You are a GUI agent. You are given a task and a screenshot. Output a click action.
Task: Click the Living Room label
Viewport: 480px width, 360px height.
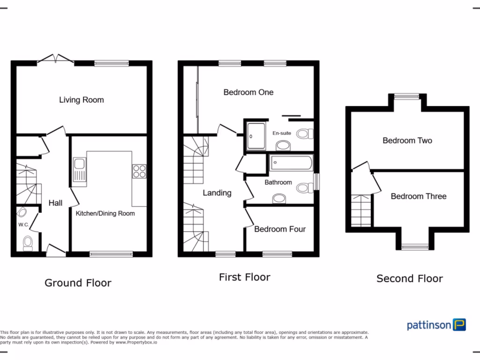[81, 100]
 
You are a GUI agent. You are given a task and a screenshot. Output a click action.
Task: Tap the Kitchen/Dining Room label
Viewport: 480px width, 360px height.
[105, 213]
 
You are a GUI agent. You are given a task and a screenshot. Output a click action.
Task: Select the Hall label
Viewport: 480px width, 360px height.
[56, 203]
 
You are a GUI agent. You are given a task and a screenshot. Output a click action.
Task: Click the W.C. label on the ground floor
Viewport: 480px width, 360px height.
[23, 225]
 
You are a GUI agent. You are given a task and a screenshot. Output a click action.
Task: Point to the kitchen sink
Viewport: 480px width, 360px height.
[79, 165]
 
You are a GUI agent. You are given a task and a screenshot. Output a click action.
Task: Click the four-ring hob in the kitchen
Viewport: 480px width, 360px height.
[139, 172]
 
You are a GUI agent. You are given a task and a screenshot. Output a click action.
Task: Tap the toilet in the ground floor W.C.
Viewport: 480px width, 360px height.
[28, 243]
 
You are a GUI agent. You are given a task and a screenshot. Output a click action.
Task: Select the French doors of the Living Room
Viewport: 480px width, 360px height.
[56, 60]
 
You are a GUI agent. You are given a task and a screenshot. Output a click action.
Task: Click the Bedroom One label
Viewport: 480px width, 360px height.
[248, 92]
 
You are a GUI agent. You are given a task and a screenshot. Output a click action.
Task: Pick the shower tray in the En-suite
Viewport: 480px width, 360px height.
[255, 135]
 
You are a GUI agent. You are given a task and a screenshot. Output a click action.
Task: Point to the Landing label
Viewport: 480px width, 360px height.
[217, 193]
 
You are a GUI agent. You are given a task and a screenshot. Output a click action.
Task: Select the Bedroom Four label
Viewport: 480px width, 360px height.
[280, 229]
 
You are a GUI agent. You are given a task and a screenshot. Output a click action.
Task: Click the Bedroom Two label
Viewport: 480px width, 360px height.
[407, 141]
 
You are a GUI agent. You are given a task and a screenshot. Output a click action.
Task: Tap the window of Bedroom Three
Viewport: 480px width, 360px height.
[415, 247]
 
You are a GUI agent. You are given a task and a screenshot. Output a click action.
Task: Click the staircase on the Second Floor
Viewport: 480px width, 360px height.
[361, 210]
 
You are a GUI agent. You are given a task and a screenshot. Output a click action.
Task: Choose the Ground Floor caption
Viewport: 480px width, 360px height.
[78, 283]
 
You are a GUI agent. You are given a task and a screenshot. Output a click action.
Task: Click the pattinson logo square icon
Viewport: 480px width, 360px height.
[459, 325]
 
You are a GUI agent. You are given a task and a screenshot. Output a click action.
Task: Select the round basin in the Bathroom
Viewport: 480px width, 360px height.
[279, 199]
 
